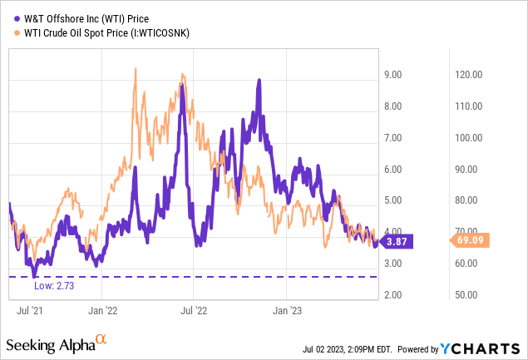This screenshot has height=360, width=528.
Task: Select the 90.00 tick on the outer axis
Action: tap(470, 169)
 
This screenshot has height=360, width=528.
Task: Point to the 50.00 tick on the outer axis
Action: tap(470, 295)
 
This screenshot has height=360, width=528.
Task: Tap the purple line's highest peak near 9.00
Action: tap(259, 81)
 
